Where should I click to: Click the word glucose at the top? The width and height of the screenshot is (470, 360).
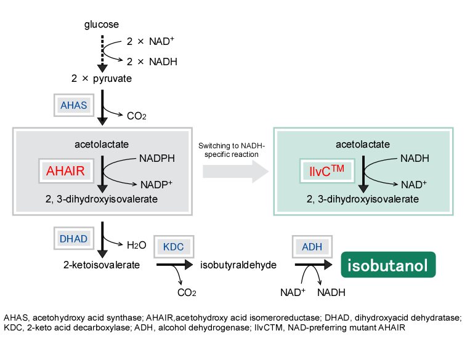[102, 25]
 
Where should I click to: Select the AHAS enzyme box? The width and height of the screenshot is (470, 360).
[73, 105]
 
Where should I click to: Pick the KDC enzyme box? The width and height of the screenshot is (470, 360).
[174, 246]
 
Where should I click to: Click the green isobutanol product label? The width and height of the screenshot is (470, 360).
[389, 265]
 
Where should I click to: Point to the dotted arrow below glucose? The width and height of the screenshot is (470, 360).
[102, 52]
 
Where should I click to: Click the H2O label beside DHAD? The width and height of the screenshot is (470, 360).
[136, 245]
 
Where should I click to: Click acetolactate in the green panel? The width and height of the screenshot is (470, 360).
[362, 145]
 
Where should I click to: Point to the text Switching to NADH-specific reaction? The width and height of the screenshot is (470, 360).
[231, 150]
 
